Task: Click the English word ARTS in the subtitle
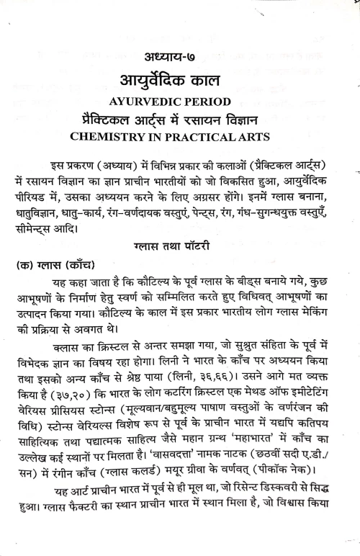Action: coord(252,135)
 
